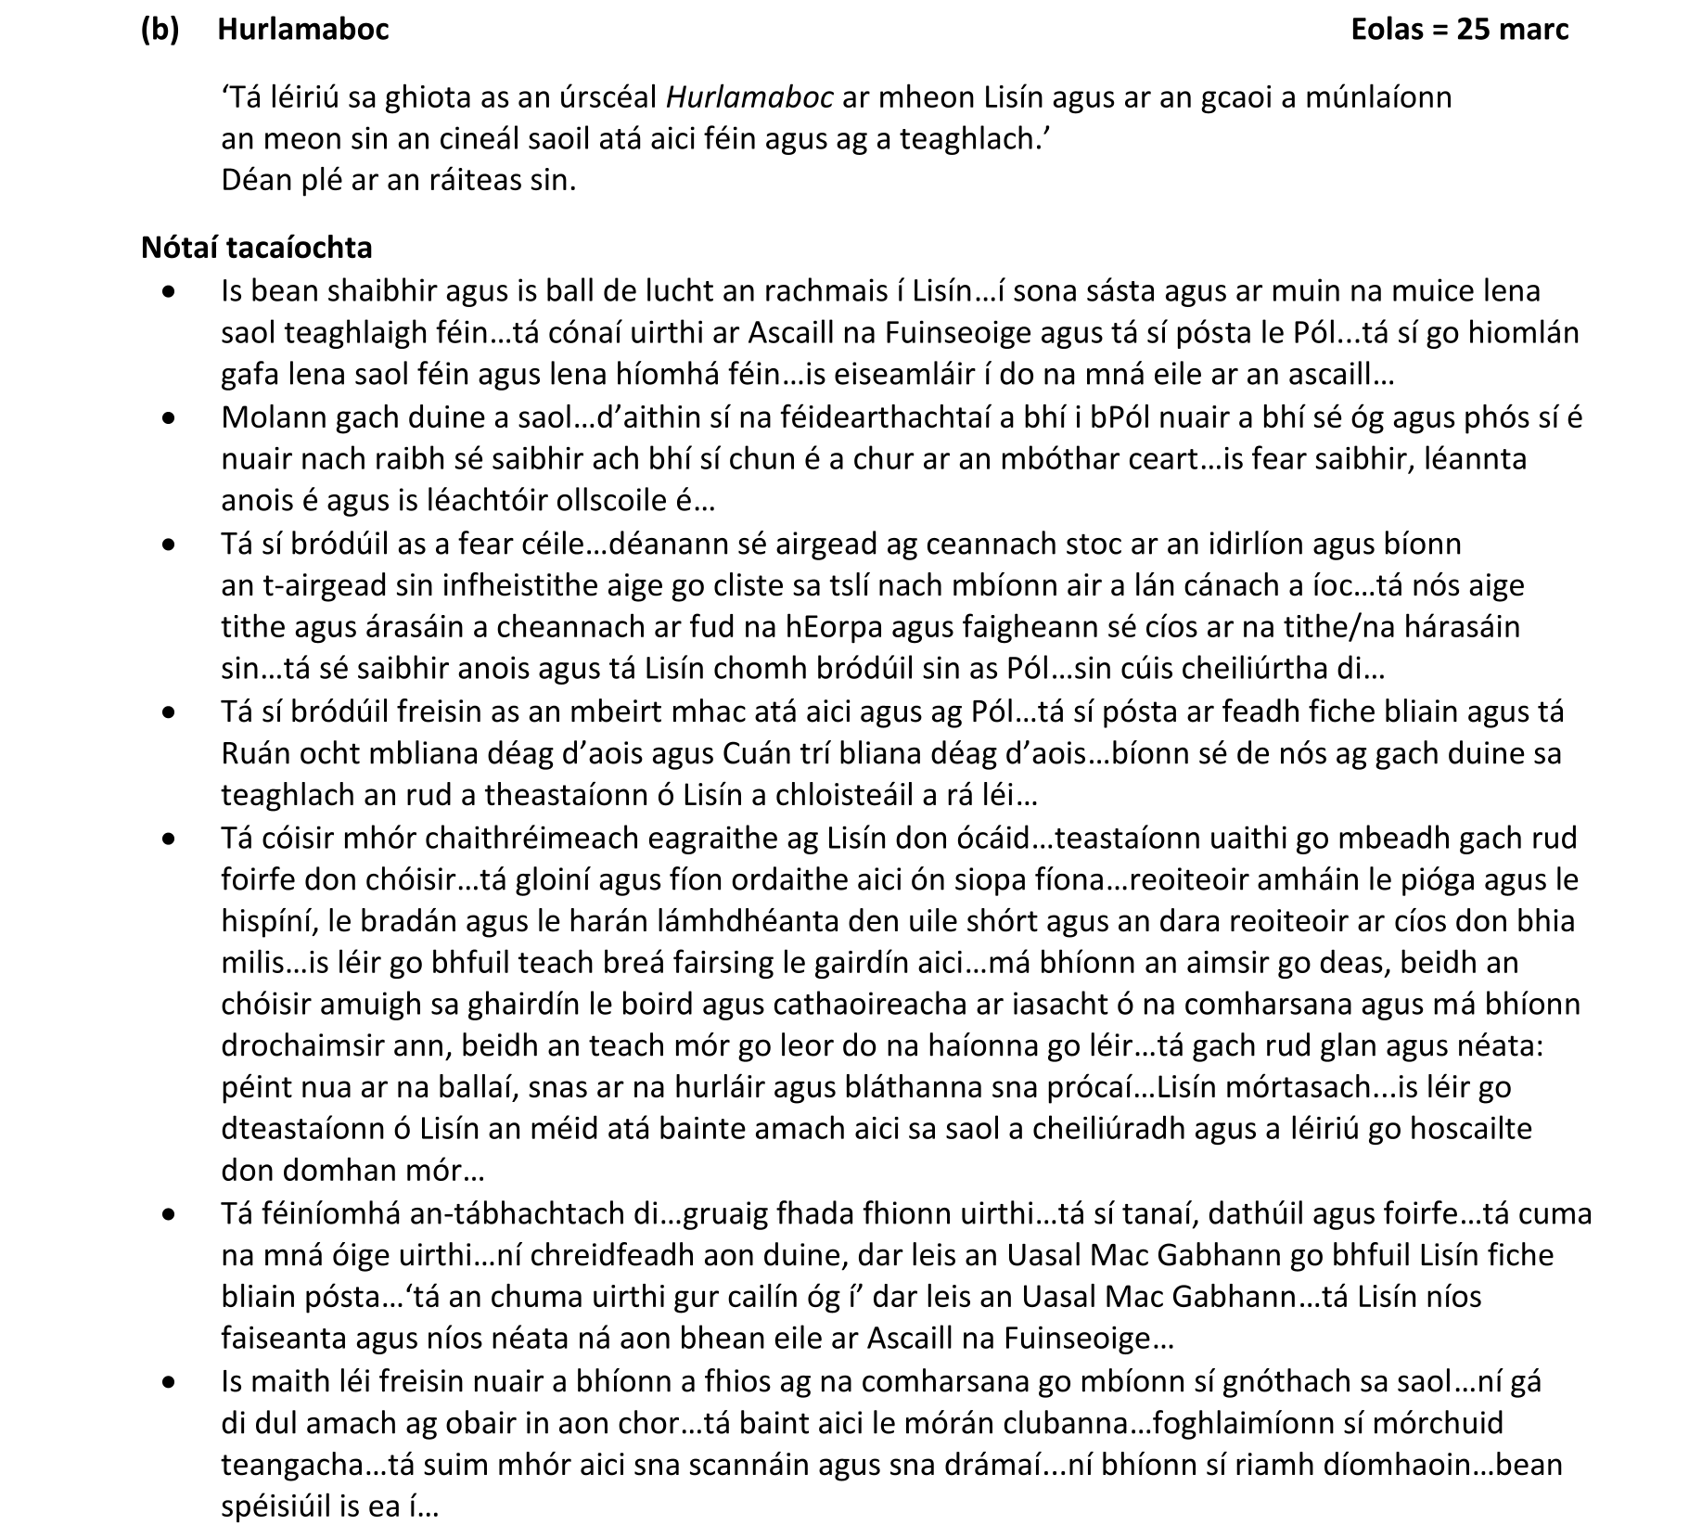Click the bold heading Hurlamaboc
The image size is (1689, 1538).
click(302, 29)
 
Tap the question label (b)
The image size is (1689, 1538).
click(160, 29)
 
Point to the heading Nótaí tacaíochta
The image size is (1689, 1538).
click(257, 247)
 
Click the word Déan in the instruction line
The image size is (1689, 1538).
click(250, 179)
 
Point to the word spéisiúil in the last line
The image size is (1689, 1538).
click(275, 1506)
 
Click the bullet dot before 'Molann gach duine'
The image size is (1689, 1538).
click(167, 419)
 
